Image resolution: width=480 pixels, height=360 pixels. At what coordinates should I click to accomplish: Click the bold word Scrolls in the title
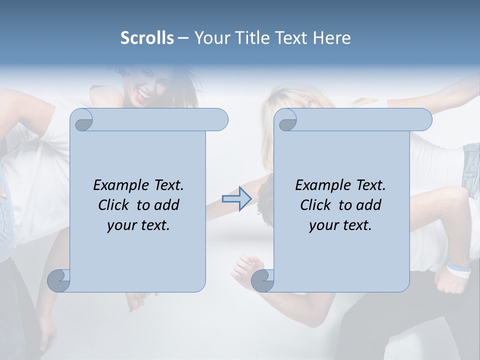pos(147,38)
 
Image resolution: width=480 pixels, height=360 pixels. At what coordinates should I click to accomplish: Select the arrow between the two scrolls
pos(236,199)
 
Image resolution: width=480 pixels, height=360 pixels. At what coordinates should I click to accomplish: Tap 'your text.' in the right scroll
pos(340,225)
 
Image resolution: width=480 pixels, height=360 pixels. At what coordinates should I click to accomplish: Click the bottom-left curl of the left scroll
pos(58,280)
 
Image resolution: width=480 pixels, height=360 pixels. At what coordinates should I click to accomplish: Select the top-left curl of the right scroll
pos(287,120)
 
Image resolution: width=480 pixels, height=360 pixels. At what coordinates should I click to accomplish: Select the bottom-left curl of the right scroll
pos(262,280)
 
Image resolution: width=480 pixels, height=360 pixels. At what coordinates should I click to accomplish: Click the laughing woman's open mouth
pos(144,93)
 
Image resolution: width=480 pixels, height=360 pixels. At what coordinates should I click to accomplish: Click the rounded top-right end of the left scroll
pos(220,119)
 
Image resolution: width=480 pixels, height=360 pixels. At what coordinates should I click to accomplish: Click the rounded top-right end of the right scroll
pos(423,119)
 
